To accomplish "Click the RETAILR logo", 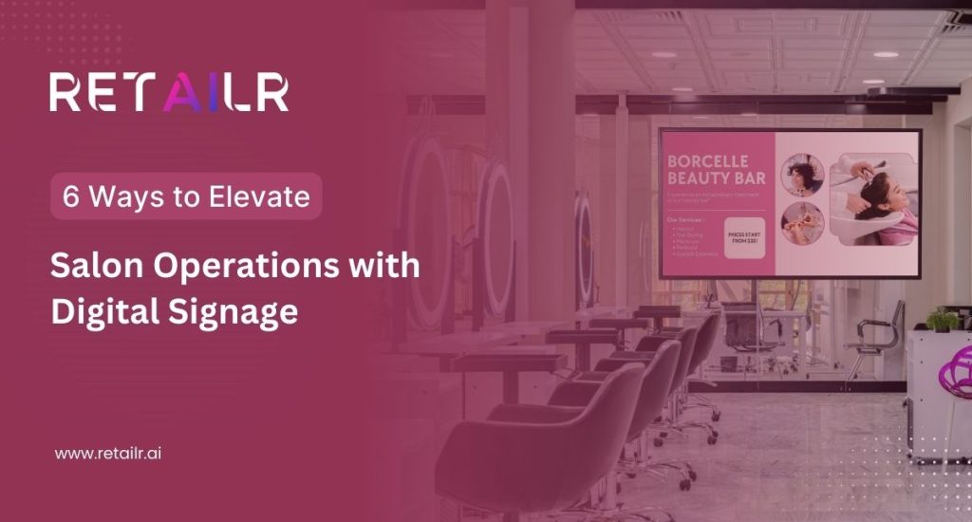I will (169, 93).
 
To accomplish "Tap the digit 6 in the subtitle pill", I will (70, 196).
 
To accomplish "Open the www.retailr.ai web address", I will (108, 454).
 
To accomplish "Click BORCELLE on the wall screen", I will (707, 161).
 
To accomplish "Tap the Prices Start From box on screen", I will (743, 236).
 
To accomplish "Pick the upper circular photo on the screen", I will (802, 176).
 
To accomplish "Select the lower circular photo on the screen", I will (802, 224).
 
